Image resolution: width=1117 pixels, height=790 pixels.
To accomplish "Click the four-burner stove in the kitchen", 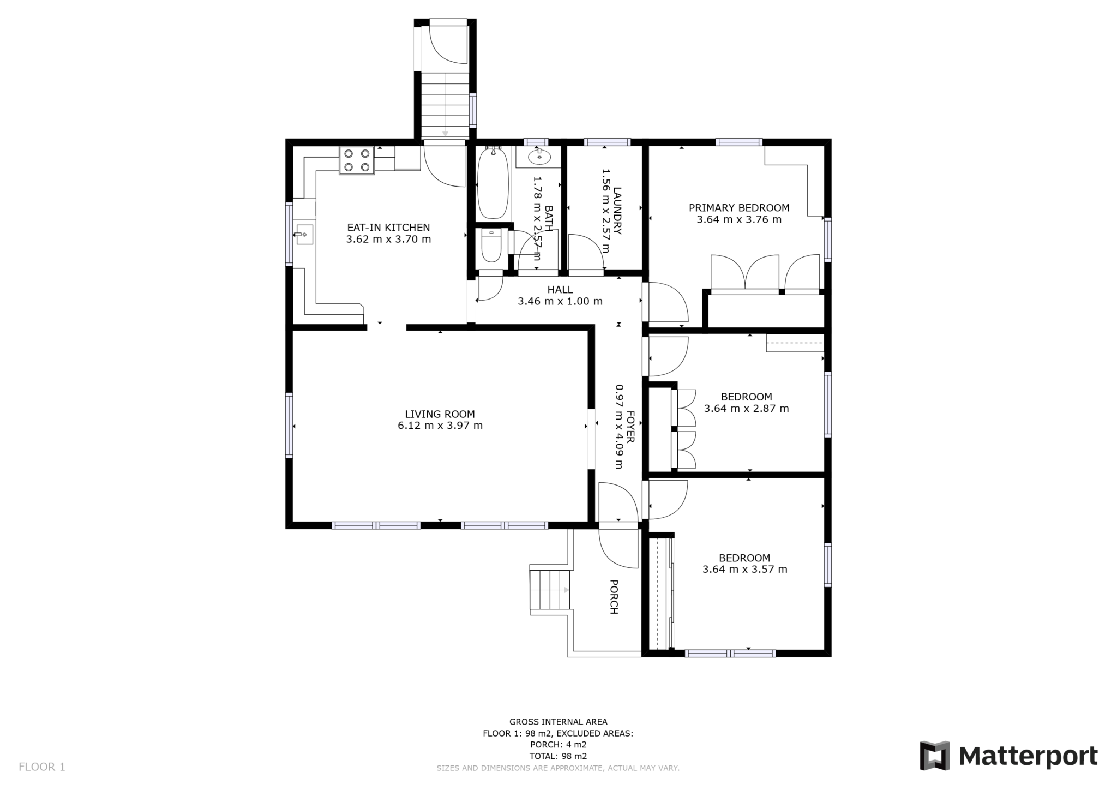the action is pyautogui.click(x=357, y=160).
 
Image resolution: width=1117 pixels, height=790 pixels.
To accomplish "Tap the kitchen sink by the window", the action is pyautogui.click(x=304, y=234).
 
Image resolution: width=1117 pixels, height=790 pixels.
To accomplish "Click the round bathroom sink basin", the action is pyautogui.click(x=539, y=157).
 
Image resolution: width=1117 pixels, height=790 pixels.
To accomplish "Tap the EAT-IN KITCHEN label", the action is pyautogui.click(x=388, y=228).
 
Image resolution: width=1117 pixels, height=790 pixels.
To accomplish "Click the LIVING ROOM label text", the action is pyautogui.click(x=440, y=414).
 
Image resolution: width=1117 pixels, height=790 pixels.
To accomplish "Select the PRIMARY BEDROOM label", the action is pyautogui.click(x=739, y=208).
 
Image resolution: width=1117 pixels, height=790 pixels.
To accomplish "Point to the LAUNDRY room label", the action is pyautogui.click(x=617, y=211).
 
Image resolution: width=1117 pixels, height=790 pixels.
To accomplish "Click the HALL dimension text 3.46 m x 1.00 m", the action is pyautogui.click(x=560, y=301).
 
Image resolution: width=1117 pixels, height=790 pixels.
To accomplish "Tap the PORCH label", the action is pyautogui.click(x=614, y=597).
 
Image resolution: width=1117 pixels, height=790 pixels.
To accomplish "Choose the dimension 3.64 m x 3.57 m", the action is pyautogui.click(x=744, y=570).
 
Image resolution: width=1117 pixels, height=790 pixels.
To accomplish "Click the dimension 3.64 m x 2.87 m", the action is pyautogui.click(x=746, y=409).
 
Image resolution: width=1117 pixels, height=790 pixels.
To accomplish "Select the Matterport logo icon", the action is pyautogui.click(x=935, y=756).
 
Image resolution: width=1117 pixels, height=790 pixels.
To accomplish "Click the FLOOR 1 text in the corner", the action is pyautogui.click(x=42, y=767).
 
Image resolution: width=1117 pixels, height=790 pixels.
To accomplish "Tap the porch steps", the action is pyautogui.click(x=550, y=590).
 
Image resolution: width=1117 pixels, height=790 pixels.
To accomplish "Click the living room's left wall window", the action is pyautogui.click(x=289, y=425).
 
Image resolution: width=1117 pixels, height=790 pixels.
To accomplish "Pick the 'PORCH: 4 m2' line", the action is pyautogui.click(x=558, y=745).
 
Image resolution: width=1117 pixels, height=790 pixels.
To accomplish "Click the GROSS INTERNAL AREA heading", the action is pyautogui.click(x=558, y=722).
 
